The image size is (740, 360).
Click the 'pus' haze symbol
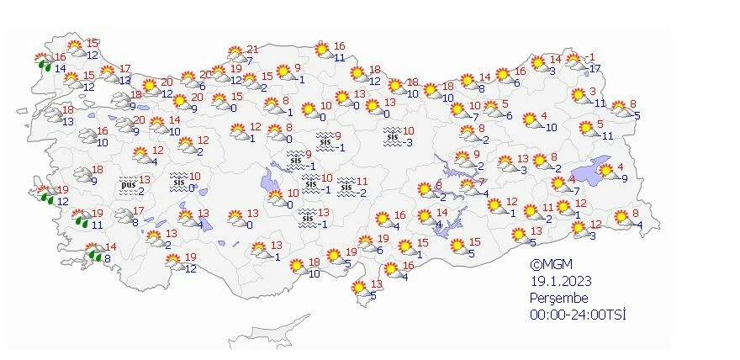point(128,183)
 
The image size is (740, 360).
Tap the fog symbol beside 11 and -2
point(346,188)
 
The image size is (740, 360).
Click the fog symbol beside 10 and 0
point(178,182)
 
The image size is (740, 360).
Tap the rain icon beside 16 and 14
point(43,61)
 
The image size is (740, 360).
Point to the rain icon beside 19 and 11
point(80,219)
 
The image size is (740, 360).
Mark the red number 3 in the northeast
point(593,92)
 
